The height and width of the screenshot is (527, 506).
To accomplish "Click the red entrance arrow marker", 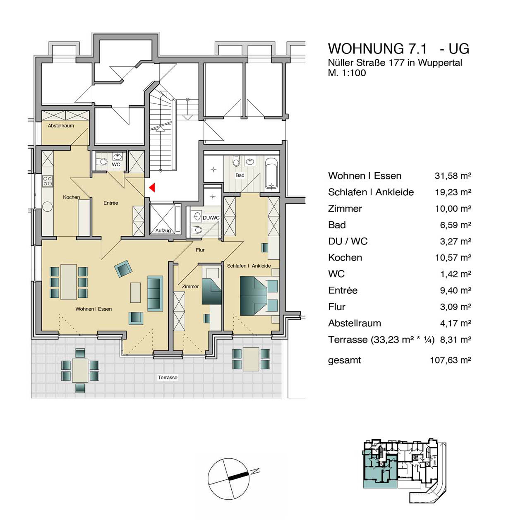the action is point(152,187).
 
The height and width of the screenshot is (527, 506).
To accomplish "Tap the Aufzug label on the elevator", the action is point(163,230).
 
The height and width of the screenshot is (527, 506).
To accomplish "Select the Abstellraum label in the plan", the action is point(61,126).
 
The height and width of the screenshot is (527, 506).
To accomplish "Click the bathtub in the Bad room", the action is point(271,173).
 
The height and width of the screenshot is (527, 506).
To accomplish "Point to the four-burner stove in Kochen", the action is point(48,181).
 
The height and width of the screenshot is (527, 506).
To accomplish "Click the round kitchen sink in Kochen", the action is point(48,207).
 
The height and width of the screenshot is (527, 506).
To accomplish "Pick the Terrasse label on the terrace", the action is point(168,377).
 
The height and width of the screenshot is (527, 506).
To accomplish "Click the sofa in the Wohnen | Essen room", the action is point(155,294).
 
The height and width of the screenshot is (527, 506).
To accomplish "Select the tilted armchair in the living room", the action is point(123,268).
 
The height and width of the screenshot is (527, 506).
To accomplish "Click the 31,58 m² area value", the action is point(453,176).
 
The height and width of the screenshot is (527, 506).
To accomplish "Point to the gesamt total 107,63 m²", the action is point(450,360).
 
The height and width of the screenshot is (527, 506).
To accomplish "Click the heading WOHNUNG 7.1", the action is point(377,49).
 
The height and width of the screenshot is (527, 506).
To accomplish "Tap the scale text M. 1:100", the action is point(347,72).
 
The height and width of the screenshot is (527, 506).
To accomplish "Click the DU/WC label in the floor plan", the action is point(211,218).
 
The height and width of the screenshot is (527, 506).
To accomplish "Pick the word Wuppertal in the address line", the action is point(440,63).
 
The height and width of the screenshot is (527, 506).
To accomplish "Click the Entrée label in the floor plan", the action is point(110,203).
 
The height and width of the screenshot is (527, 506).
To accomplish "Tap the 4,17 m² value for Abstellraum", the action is point(456,323).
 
